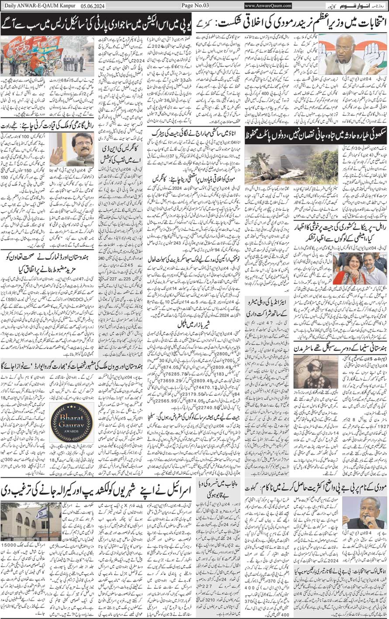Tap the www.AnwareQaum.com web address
(268, 6)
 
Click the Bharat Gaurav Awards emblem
(71, 422)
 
